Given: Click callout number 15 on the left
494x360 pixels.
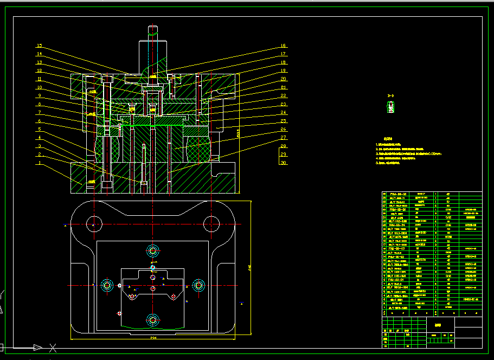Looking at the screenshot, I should click(40, 46).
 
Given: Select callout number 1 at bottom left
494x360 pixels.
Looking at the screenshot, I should click(40, 163).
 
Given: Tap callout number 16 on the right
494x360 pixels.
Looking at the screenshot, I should click(283, 46).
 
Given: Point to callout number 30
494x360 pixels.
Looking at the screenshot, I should click(283, 163).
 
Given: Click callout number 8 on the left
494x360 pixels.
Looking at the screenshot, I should click(40, 104).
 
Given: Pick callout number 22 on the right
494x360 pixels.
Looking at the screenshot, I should click(283, 96).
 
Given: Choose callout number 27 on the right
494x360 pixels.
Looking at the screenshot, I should click(283, 138).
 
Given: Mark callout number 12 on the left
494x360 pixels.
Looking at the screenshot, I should click(40, 71).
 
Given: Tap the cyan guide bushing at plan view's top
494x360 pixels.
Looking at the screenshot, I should click(152, 251).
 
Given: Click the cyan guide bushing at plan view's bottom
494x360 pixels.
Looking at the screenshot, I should click(152, 319).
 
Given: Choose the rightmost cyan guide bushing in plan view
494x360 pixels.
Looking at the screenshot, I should click(198, 285).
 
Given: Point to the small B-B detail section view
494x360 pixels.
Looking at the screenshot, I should click(390, 107).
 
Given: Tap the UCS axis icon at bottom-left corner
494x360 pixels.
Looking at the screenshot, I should click(38, 347).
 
